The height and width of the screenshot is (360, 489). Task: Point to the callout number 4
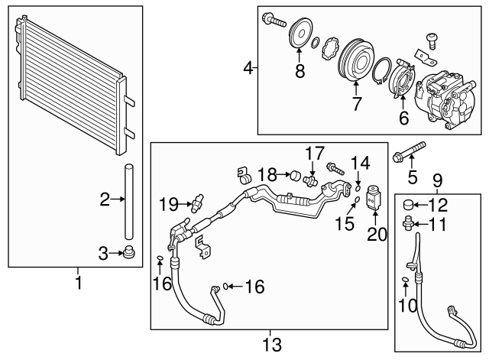click(248, 70)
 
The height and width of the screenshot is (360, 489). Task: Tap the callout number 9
click(436, 180)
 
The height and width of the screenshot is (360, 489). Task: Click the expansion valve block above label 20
click(374, 197)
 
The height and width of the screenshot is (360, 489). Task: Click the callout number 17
click(316, 152)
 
